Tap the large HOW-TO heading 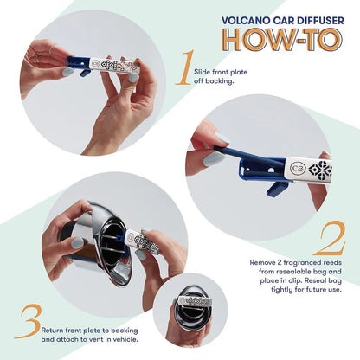coord(285,39)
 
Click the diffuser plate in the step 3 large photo coord(144,242)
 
